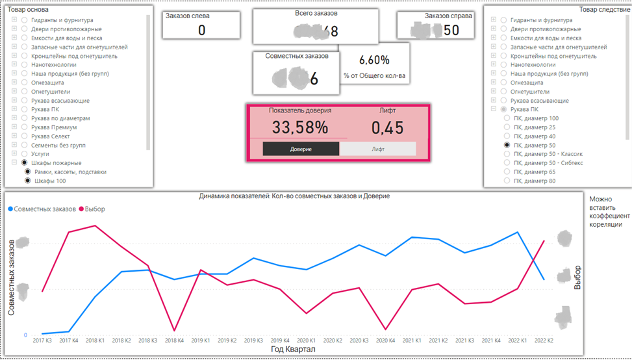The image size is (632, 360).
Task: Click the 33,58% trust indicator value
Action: (x=299, y=127)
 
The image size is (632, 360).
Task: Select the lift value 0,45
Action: (x=387, y=128)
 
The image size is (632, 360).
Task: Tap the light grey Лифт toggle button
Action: (x=378, y=149)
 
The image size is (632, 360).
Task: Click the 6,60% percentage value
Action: (x=374, y=60)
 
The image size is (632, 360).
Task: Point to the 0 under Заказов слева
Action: (x=201, y=30)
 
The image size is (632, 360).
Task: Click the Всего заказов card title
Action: (x=316, y=14)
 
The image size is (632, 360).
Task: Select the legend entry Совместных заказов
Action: (x=42, y=209)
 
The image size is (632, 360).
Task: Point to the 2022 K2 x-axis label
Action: (x=544, y=341)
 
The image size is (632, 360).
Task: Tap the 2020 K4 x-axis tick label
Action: (x=385, y=341)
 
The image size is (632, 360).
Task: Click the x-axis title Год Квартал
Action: (x=292, y=350)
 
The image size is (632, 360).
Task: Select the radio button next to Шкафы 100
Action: (x=29, y=181)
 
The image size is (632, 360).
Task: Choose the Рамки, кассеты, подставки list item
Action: (x=70, y=172)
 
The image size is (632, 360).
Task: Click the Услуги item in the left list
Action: (x=41, y=154)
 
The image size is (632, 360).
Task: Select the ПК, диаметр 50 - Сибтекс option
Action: (x=548, y=163)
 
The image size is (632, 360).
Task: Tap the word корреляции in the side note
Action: (x=607, y=224)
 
